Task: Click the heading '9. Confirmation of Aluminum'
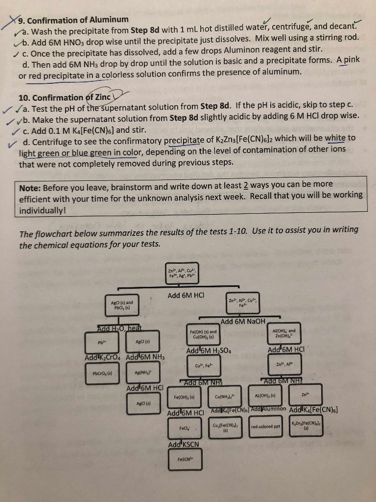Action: pos(73,20)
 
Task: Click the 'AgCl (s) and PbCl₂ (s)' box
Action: pos(122,304)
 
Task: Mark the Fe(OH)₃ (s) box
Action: pos(185,397)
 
